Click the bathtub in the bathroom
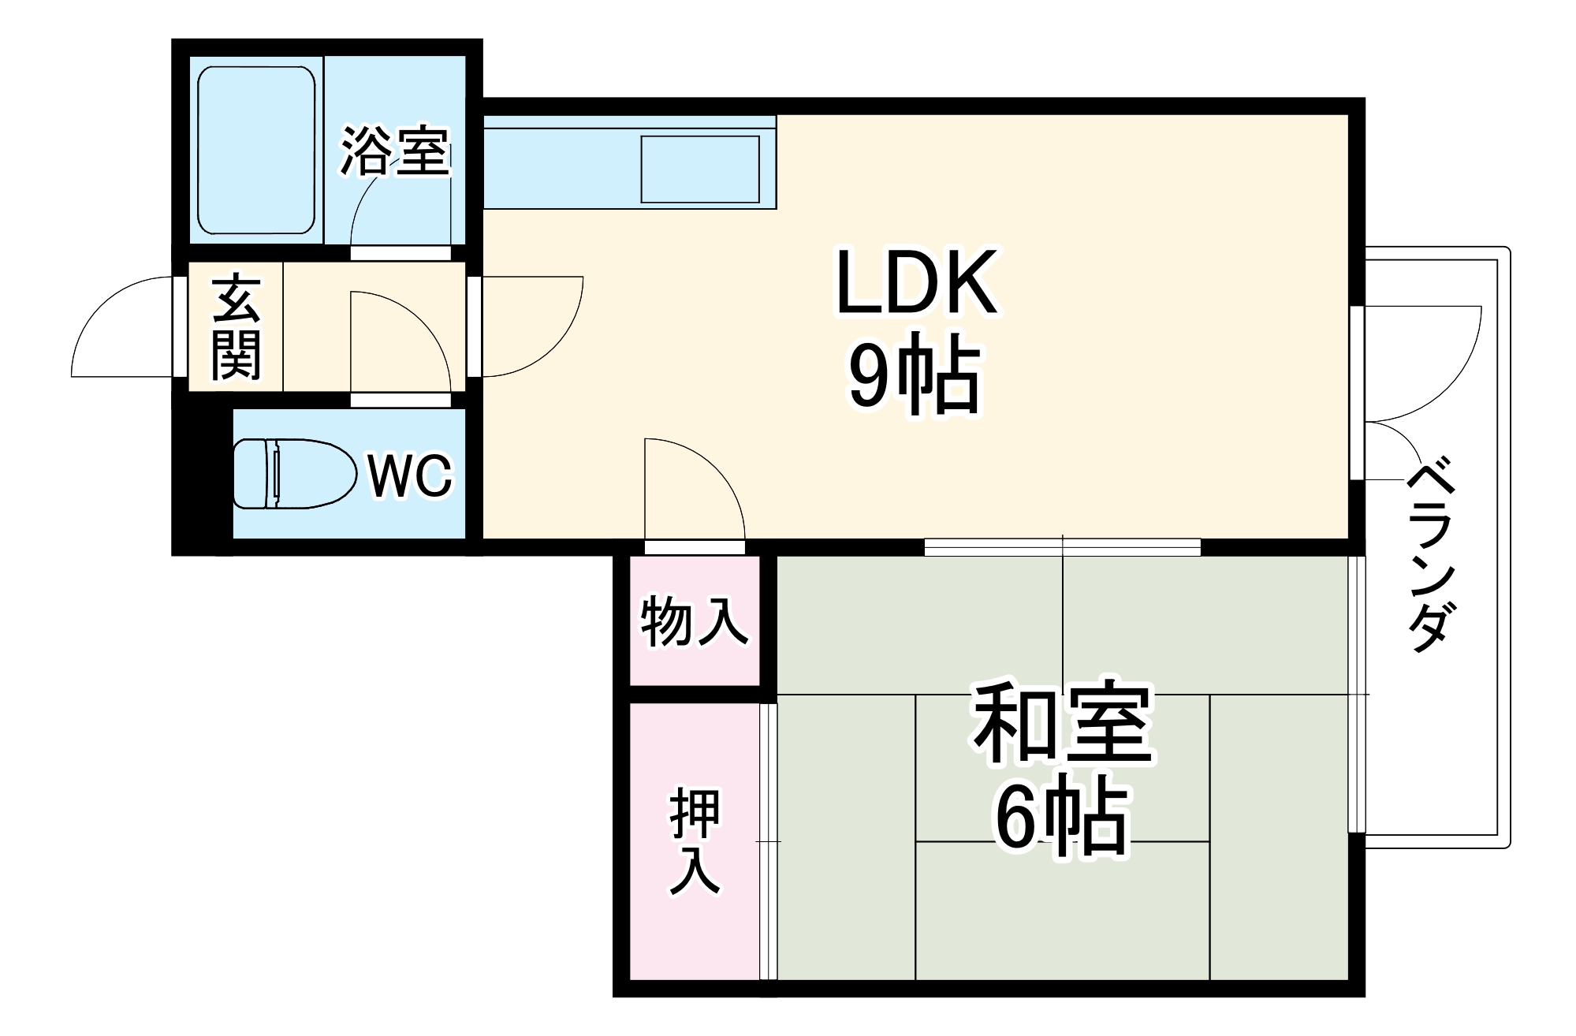coord(256,150)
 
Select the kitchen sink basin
coord(700,169)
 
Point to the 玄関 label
coord(236,327)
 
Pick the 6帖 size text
coord(1061,816)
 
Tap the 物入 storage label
coord(694,620)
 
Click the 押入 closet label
coord(695,841)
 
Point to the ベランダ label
coord(1429,557)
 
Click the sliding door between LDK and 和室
coord(1062,546)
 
